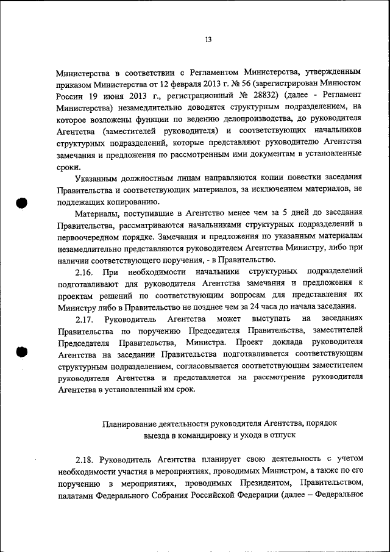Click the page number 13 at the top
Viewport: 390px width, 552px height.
point(207,40)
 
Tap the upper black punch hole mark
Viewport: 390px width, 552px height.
point(23,203)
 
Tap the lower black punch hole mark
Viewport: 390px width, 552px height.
point(23,353)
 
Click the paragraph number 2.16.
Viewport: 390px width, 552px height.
point(85,270)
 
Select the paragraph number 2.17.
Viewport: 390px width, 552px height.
point(85,318)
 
